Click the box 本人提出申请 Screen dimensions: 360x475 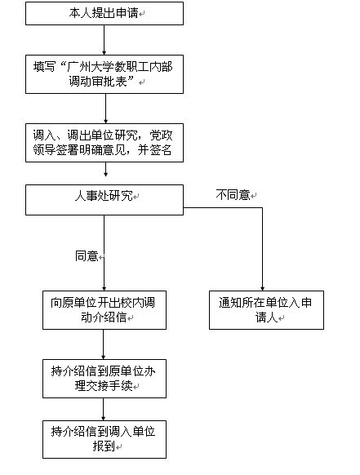click(x=104, y=13)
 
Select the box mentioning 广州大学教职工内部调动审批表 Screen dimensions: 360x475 click(x=104, y=74)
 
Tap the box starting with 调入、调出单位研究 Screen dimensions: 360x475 click(x=104, y=143)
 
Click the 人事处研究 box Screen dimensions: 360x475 click(x=104, y=200)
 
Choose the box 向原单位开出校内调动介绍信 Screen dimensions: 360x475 click(x=104, y=310)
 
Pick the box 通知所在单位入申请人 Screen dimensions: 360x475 click(x=266, y=310)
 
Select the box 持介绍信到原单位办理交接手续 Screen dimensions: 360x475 click(x=104, y=379)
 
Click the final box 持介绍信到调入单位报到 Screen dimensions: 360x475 click(x=104, y=439)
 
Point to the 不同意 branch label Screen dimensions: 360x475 click(x=233, y=195)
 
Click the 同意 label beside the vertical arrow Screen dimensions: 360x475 click(x=87, y=256)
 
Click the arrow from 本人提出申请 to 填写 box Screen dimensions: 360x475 click(x=104, y=40)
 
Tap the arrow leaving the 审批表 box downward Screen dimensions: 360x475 click(x=106, y=109)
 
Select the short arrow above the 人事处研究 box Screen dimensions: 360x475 click(x=106, y=169)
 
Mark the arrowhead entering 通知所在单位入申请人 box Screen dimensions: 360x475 click(x=262, y=289)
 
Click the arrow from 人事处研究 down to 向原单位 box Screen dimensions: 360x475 click(x=104, y=253)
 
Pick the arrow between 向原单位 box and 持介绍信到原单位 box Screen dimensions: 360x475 click(x=104, y=344)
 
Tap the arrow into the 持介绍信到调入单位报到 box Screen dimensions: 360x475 click(x=104, y=409)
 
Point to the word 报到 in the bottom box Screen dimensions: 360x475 click(x=104, y=446)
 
